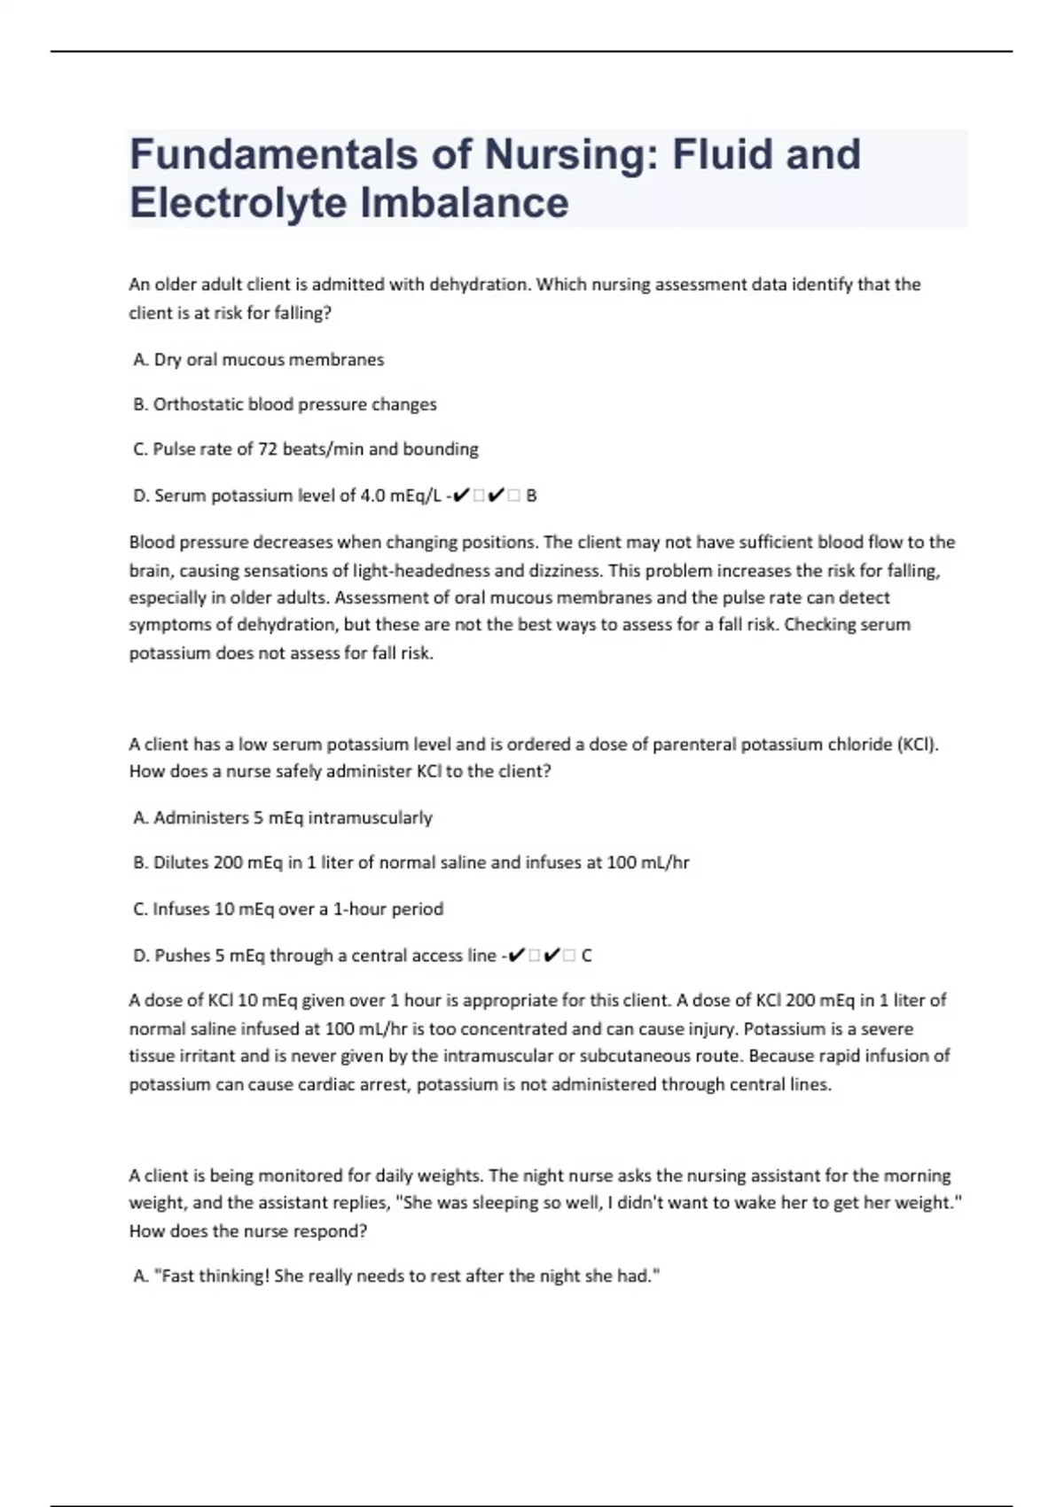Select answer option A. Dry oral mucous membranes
click(x=258, y=359)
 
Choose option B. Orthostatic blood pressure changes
click(x=285, y=404)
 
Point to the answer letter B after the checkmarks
click(x=531, y=496)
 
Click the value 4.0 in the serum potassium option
click(x=372, y=496)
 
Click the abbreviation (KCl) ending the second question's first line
click(x=917, y=744)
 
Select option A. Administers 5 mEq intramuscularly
click(x=282, y=817)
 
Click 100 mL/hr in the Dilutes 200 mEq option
click(x=647, y=863)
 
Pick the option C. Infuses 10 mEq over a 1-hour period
click(x=288, y=909)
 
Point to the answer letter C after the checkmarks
click(x=586, y=956)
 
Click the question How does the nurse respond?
click(x=248, y=1231)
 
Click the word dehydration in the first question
click(x=479, y=285)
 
